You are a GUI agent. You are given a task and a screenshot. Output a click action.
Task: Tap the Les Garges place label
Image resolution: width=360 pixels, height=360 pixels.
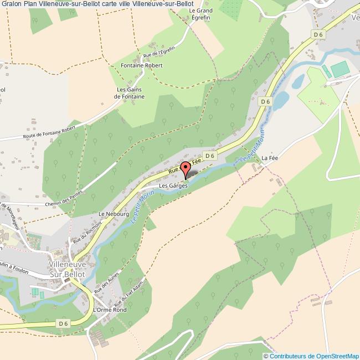pos(174,186)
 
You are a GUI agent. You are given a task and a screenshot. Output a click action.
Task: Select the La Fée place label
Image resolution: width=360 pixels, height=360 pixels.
pos(269,158)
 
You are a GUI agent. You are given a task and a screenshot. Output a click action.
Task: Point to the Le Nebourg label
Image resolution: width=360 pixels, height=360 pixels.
pos(114,213)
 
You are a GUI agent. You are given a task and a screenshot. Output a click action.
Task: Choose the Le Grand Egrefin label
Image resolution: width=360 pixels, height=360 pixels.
pos(200,14)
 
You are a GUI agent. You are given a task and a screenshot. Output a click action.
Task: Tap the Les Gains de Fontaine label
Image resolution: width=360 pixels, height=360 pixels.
pos(130,93)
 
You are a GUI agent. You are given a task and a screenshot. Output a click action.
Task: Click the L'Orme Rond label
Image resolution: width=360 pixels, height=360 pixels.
pos(110,310)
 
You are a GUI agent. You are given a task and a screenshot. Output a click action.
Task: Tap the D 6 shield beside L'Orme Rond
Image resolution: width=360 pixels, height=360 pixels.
pos(63,323)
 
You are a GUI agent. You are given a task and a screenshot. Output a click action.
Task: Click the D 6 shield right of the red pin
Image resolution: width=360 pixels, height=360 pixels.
pos(209,157)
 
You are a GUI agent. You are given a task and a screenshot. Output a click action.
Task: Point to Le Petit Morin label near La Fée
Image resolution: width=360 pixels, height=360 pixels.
pos(253,152)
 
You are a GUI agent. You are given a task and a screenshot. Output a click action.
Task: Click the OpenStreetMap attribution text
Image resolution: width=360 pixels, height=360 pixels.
pos(311,356)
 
